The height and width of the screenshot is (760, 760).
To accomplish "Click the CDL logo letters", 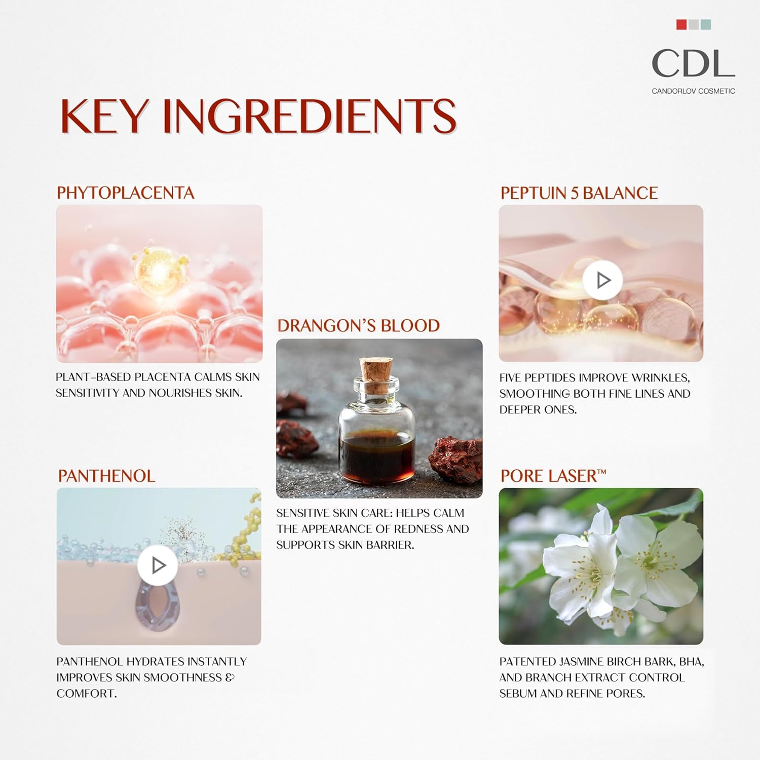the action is (x=693, y=63).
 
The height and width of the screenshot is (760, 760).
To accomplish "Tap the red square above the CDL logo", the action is (x=681, y=24).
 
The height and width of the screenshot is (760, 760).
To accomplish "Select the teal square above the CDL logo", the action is (x=706, y=24).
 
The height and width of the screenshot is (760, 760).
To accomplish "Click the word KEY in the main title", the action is (x=105, y=116).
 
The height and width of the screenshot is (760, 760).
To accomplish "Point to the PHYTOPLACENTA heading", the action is (x=125, y=193).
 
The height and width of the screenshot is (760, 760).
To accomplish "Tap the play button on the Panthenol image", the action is (x=158, y=565).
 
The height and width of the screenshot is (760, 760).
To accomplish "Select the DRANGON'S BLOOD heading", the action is (x=358, y=325).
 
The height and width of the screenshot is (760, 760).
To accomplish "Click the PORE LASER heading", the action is (x=553, y=476).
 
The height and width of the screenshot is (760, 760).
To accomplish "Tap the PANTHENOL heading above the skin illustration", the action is (x=106, y=476).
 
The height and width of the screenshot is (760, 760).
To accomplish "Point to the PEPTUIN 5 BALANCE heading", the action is (x=579, y=193).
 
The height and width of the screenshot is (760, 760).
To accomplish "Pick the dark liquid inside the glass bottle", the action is (x=377, y=456).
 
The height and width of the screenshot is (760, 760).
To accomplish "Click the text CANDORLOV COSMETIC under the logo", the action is (x=693, y=91).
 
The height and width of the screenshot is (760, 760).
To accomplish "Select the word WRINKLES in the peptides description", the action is (x=661, y=377).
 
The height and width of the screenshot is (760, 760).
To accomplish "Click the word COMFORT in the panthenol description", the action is (x=86, y=694).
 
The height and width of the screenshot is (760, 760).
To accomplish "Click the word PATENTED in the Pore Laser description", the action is (x=527, y=662).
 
